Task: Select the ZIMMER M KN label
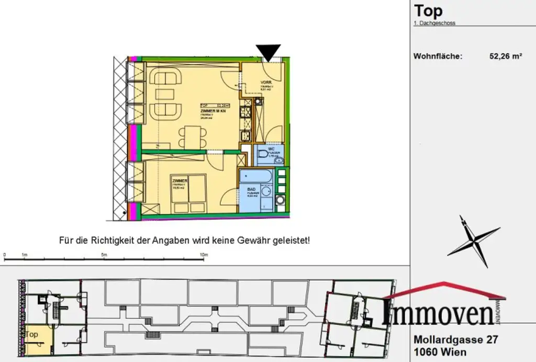213,112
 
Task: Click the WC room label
271,149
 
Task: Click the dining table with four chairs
191,136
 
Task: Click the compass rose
473,242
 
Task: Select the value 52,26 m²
506,57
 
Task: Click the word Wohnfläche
438,57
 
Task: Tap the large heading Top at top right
428,10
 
